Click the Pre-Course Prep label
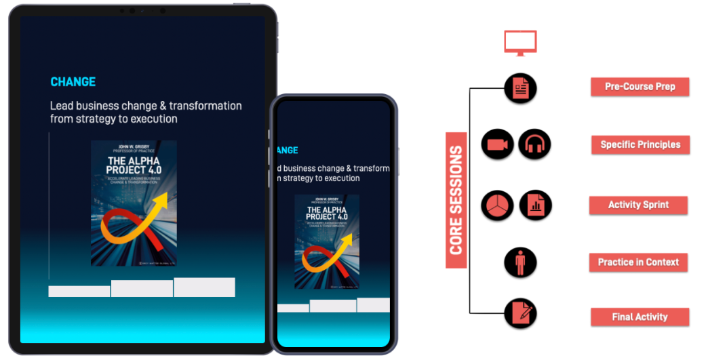640,87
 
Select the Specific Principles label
640,144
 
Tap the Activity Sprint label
638,205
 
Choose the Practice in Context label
638,262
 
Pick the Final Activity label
640,317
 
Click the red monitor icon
520,43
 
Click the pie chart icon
498,205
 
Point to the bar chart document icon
535,205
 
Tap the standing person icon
520,262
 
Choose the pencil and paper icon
520,314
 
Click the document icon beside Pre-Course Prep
520,89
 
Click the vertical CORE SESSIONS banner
456,200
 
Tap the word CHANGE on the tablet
73,82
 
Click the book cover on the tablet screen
134,203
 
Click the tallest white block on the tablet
204,287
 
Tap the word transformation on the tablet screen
205,106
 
